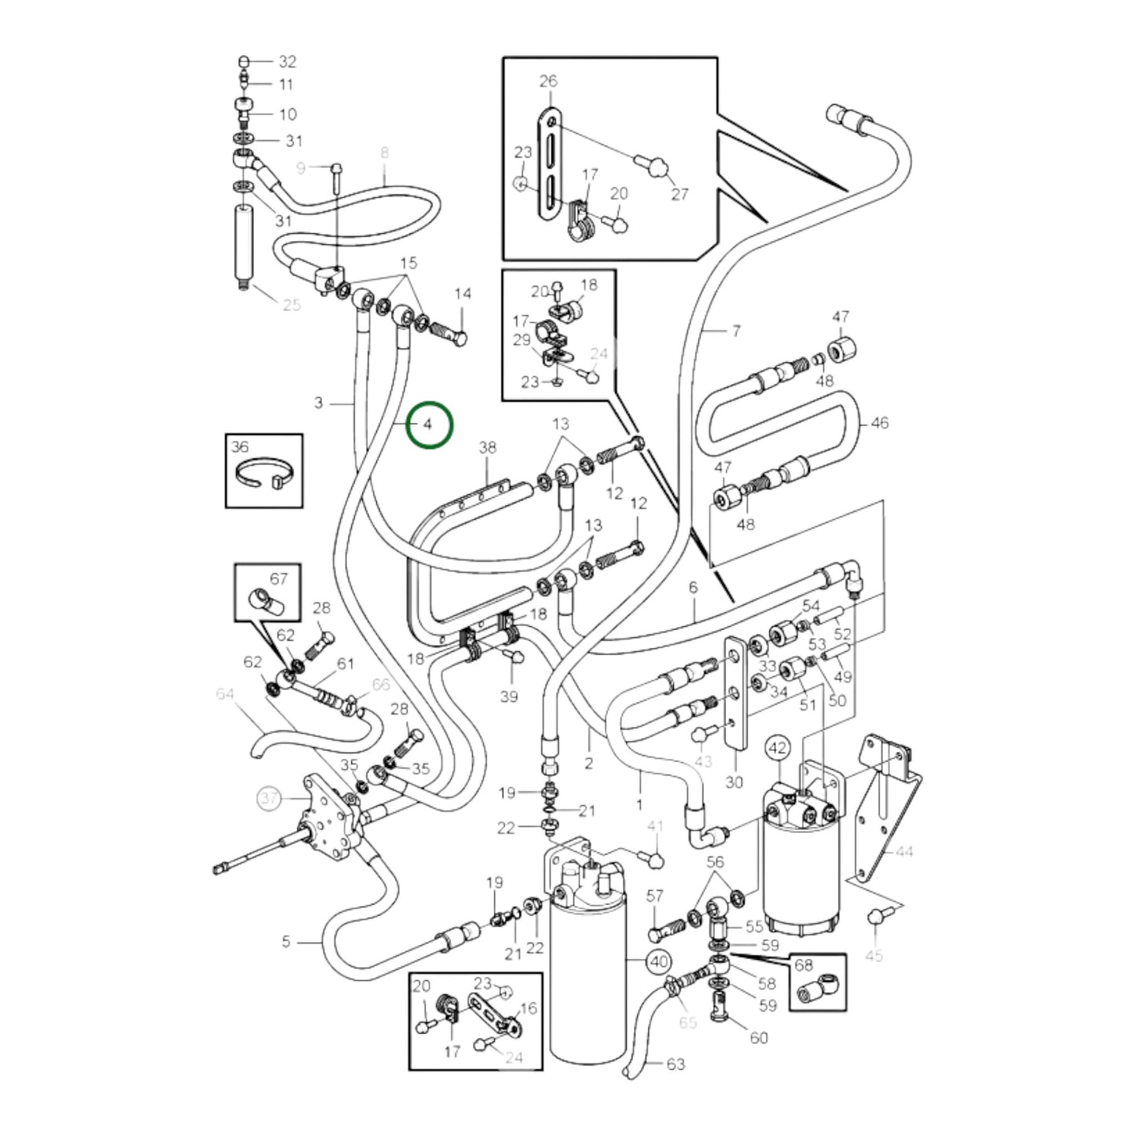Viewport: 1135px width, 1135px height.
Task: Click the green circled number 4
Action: click(429, 425)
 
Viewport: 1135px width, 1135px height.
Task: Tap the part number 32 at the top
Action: click(287, 61)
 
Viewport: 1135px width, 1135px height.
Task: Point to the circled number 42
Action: click(777, 749)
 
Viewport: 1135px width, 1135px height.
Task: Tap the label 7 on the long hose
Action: click(735, 331)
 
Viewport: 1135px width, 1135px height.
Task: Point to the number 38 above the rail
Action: click(487, 448)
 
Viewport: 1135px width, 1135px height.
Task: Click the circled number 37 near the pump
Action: click(269, 799)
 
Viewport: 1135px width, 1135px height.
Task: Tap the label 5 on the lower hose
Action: click(286, 941)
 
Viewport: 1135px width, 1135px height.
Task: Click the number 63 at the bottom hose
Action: click(675, 1064)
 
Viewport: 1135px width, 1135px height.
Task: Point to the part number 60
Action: click(758, 1038)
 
